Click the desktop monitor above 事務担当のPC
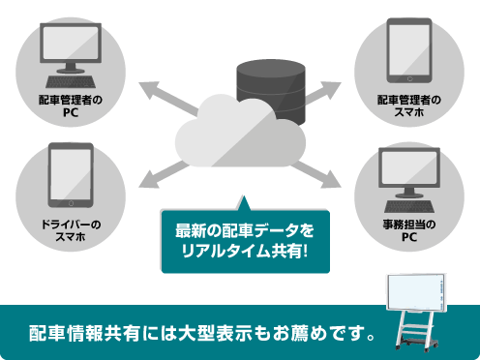(x=407, y=174)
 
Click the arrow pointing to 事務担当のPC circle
(x=324, y=173)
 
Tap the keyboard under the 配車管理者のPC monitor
(x=70, y=78)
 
